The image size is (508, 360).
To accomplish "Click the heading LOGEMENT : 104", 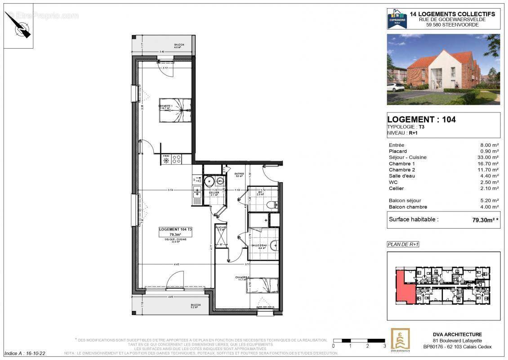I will [x=421, y=120].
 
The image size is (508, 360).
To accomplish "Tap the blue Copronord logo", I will [x=397, y=19].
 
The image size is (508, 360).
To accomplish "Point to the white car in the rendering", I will [x=397, y=87].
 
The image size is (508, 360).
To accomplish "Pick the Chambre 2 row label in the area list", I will [x=401, y=170].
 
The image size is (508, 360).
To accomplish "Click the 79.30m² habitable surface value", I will [x=485, y=220].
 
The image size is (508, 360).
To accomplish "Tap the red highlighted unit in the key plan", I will [x=405, y=288].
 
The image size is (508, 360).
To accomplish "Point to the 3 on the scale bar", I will [x=384, y=346].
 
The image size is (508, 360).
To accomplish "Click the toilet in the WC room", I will [x=271, y=204].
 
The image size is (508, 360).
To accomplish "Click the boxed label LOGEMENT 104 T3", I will [x=175, y=232].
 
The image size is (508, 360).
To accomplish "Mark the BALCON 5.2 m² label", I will [x=195, y=306].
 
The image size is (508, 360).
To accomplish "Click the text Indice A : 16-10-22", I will [x=25, y=354].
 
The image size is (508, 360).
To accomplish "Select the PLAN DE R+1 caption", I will [x=403, y=244].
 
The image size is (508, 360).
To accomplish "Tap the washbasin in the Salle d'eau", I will [x=274, y=246].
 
